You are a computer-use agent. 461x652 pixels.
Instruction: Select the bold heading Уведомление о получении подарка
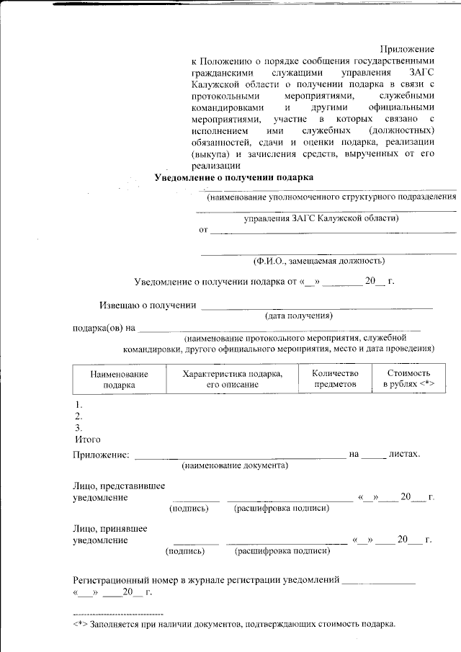tap(235, 177)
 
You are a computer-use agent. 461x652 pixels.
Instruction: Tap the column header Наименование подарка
tap(119, 380)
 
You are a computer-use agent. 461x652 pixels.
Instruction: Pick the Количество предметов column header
tap(335, 380)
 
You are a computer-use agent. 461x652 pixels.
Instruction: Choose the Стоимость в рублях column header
tap(408, 380)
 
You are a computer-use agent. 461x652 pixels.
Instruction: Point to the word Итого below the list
tap(88, 439)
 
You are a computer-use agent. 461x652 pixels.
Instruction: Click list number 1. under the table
tap(79, 405)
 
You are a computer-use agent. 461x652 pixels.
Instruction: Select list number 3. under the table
tap(79, 428)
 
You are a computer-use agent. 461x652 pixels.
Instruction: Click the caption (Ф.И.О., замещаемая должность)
tap(318, 261)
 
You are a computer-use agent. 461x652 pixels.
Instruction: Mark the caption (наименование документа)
tap(235, 466)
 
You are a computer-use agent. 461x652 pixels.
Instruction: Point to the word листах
tap(404, 454)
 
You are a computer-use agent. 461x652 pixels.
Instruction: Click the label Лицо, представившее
tap(110, 486)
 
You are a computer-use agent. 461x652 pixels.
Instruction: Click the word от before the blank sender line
tap(203, 231)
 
